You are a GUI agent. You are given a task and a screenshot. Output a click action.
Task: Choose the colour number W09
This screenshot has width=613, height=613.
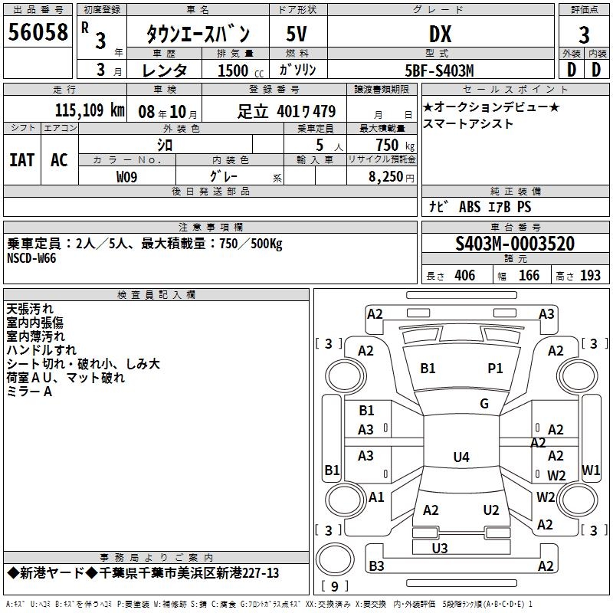point(127,177)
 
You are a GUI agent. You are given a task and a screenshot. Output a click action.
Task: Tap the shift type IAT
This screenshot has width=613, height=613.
point(21,159)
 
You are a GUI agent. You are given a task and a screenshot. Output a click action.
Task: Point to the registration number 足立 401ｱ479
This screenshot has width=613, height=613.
point(287,111)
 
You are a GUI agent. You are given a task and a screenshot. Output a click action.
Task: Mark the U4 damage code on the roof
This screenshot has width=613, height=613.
point(461,457)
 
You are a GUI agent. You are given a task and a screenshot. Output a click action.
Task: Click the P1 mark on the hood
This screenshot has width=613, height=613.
point(495,369)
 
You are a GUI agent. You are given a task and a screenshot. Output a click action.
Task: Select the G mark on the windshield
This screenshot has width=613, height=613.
point(484,404)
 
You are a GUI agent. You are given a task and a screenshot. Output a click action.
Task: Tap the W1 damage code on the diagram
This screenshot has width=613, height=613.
point(591,469)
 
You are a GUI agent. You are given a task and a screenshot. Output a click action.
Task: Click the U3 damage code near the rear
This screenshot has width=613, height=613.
point(440,548)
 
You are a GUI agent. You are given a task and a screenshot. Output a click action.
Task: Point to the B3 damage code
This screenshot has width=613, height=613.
point(376,566)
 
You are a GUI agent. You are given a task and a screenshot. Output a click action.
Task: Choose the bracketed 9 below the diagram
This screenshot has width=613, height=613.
point(334,587)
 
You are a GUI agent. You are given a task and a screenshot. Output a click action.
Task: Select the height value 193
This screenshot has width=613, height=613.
point(591,276)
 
